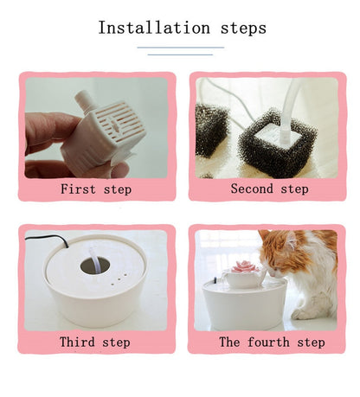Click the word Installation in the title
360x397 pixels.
pyautogui.click(x=154, y=28)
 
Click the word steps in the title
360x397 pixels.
pyautogui.click(x=243, y=29)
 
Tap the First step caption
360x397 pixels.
pyautogui.click(x=96, y=189)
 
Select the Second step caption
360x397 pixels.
pyautogui.click(x=269, y=189)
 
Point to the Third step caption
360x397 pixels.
pyautogui.click(x=95, y=342)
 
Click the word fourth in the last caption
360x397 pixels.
pyautogui.click(x=268, y=342)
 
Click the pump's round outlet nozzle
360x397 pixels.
pyautogui.click(x=84, y=101)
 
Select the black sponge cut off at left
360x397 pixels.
pyautogui.click(x=211, y=131)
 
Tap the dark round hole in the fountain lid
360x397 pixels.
pyautogui.click(x=95, y=266)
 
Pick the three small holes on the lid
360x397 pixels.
pyautogui.click(x=119, y=279)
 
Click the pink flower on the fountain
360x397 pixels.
pyautogui.click(x=245, y=266)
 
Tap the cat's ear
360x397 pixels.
pyautogui.click(x=292, y=239)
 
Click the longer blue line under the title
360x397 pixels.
pyautogui.click(x=181, y=48)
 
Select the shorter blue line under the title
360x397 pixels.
pyautogui.click(x=180, y=54)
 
